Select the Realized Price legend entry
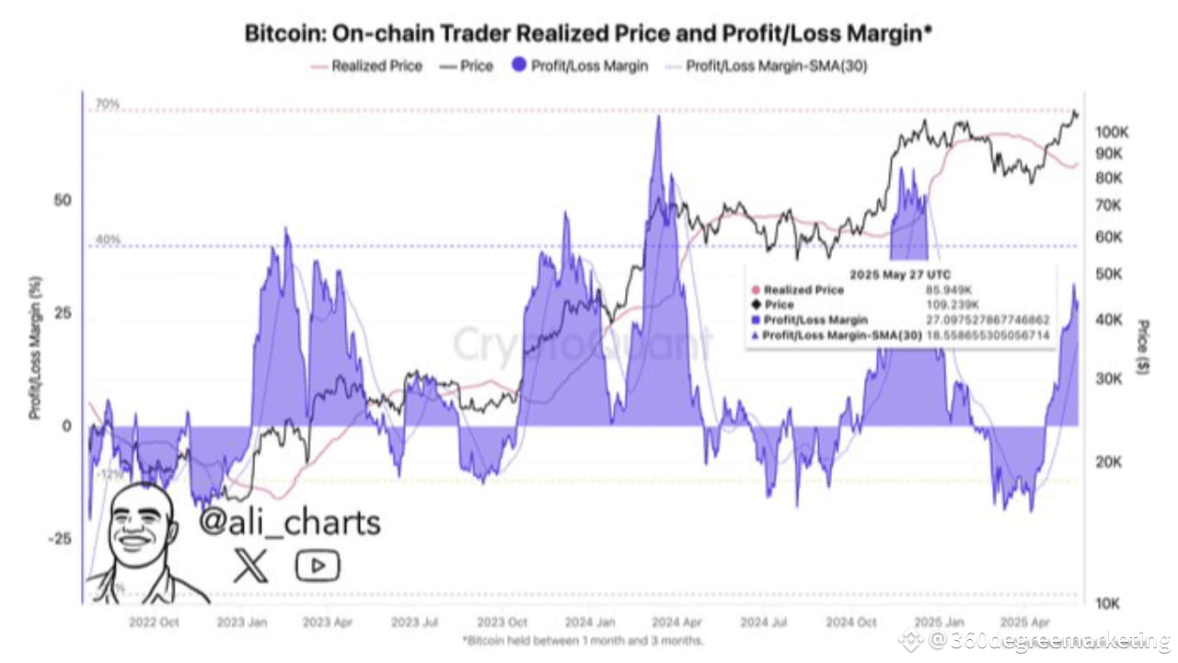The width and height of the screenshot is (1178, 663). (x=376, y=66)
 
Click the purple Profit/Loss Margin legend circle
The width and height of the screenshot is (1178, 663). (x=521, y=66)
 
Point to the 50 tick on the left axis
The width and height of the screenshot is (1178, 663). (x=62, y=201)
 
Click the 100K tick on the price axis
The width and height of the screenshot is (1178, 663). (x=1112, y=132)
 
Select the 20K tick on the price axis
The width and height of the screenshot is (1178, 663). (x=1108, y=463)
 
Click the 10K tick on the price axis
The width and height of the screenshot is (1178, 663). (x=1108, y=603)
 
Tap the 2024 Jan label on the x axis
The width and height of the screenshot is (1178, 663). (x=591, y=622)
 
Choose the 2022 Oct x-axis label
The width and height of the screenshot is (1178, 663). (x=155, y=622)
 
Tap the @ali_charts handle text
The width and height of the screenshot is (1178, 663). (x=290, y=522)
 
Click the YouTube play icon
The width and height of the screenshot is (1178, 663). (x=318, y=565)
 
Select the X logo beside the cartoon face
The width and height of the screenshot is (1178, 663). (x=250, y=565)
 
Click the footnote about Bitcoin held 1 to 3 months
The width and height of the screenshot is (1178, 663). (x=583, y=640)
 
